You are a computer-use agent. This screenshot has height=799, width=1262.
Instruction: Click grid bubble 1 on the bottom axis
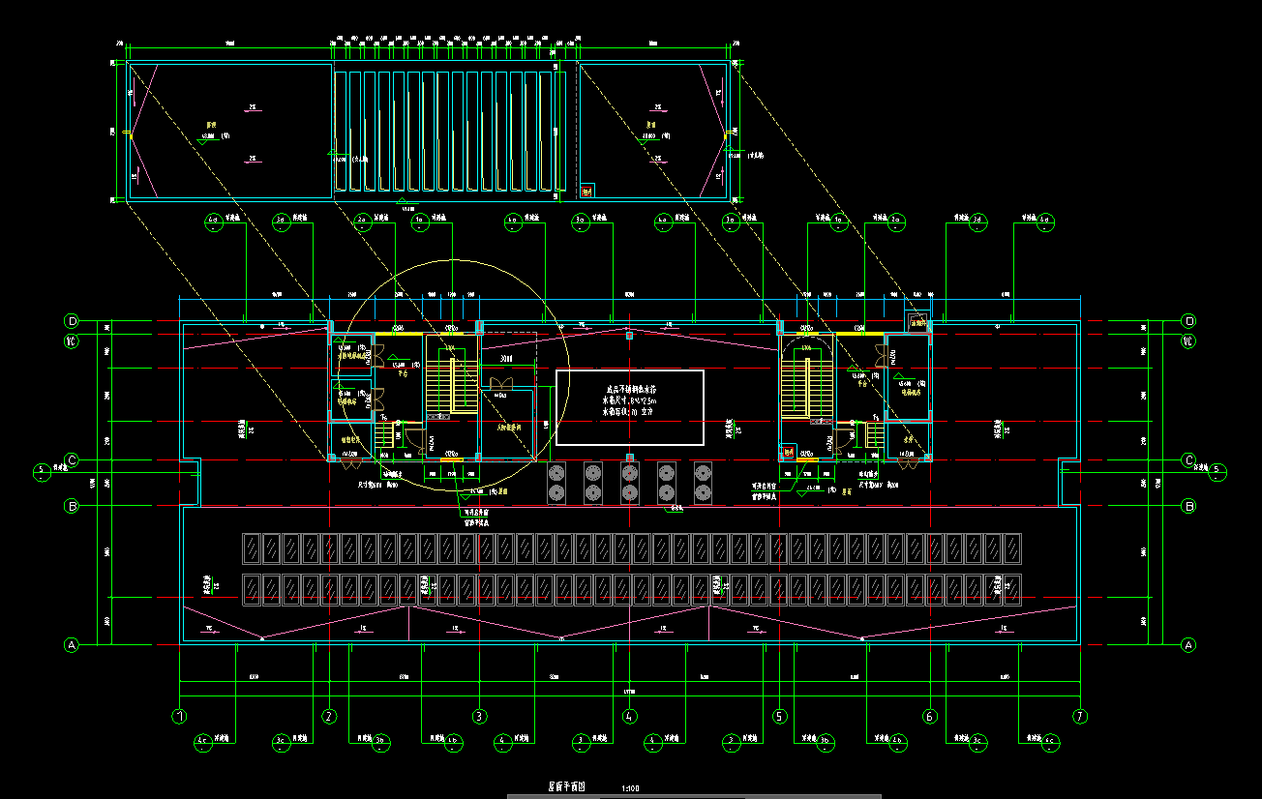(179, 717)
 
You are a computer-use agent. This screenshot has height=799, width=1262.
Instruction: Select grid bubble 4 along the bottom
(630, 717)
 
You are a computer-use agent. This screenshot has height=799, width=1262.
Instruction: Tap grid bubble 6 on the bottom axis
(930, 717)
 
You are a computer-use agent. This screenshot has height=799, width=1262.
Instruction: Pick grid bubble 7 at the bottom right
(1080, 717)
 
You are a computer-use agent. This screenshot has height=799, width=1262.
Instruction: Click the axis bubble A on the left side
(71, 644)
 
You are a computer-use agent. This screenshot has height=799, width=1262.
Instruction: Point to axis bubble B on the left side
(71, 505)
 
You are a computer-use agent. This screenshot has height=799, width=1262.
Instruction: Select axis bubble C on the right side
(1189, 459)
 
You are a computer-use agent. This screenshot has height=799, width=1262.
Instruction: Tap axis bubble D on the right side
(1189, 321)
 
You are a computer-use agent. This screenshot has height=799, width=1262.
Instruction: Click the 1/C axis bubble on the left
(71, 341)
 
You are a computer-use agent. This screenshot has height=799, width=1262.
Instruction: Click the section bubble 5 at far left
(41, 472)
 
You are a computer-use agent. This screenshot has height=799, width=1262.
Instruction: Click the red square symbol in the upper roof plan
(586, 190)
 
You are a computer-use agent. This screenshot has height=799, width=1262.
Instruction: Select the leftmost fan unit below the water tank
(557, 483)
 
